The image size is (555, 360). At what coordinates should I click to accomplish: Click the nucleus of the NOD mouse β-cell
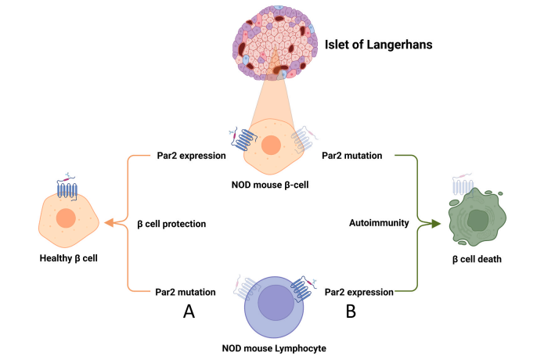272,146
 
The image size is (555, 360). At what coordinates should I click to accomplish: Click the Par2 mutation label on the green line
352,156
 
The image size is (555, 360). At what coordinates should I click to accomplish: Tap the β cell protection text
171,224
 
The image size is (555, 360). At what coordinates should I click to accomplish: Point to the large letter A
189,312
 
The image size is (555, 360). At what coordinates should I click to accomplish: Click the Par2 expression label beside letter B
359,292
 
